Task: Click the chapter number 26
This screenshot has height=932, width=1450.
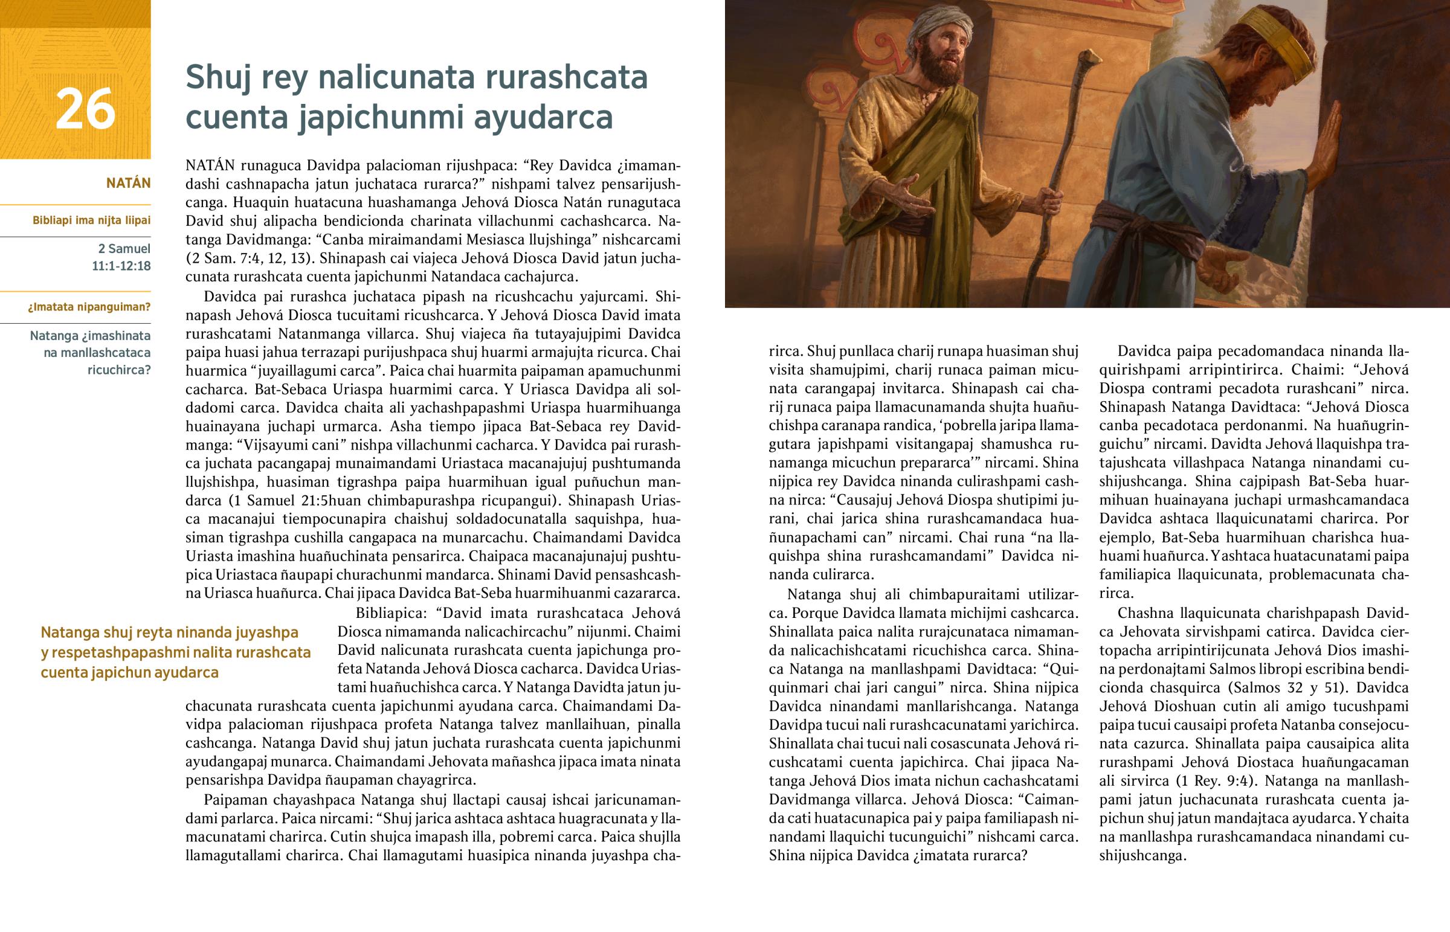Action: coord(85,109)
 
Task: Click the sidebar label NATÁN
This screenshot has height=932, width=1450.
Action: coord(128,183)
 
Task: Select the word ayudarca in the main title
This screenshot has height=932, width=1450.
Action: coord(543,117)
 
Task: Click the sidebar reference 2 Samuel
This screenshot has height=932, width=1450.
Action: coord(124,248)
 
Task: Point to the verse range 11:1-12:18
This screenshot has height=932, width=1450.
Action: coord(121,266)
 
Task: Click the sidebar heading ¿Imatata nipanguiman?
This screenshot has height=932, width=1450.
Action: coord(89,307)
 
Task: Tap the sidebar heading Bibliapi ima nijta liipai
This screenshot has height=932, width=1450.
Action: coord(91,220)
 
